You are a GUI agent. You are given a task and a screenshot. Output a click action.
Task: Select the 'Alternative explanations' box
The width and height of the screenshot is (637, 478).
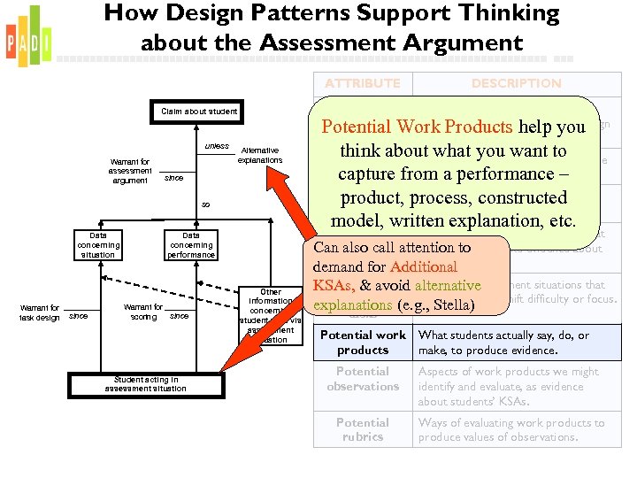coord(260,155)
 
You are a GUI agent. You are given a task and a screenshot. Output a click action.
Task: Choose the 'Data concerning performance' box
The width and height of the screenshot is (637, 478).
coord(191,245)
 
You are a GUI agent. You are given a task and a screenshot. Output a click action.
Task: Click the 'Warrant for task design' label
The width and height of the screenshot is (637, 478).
coord(41,312)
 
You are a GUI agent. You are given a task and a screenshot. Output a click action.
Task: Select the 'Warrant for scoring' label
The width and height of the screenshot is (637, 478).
coord(143,312)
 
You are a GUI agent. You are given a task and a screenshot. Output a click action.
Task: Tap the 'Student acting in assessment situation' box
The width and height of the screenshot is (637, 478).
coord(145,384)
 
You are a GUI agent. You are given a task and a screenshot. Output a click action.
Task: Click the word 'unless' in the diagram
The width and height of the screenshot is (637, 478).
coord(217,146)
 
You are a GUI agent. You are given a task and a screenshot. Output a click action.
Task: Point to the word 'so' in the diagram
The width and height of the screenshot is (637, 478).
coord(205,204)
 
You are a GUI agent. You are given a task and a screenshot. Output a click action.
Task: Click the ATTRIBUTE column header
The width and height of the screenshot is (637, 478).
coord(362,83)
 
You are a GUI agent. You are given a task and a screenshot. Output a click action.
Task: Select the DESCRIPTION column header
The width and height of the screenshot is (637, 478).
coord(516,83)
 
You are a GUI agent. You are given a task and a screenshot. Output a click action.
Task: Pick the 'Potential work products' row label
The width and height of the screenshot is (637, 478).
coord(362,342)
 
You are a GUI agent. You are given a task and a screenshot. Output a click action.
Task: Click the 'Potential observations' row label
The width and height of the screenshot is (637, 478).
coord(362,379)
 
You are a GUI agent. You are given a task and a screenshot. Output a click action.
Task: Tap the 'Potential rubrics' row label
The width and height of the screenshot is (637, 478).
coord(362,429)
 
